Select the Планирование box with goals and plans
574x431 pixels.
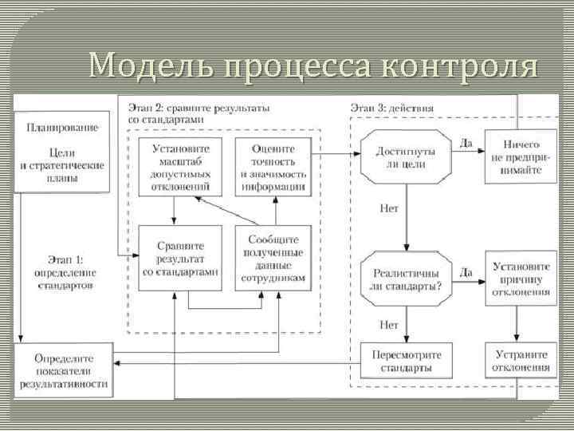click(x=63, y=152)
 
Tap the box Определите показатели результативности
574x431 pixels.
click(x=63, y=372)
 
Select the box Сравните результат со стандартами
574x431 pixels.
click(x=179, y=259)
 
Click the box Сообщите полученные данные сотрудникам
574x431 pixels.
click(x=273, y=257)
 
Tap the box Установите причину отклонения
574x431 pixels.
click(x=521, y=278)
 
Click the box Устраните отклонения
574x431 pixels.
click(x=521, y=362)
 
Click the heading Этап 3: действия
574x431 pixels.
click(x=392, y=107)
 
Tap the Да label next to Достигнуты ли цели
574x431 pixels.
click(x=466, y=143)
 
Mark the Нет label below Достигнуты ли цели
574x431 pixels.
click(x=389, y=208)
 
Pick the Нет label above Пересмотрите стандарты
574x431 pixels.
click(x=389, y=325)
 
